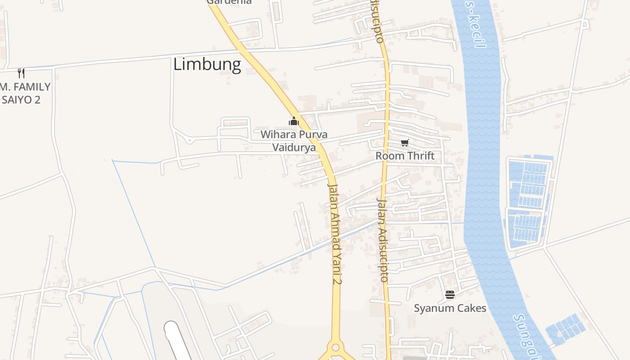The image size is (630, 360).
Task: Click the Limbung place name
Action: pos(207,64)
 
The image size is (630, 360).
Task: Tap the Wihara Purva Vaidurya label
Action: pos(294,140)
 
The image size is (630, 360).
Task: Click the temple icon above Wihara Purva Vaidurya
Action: pos(294,121)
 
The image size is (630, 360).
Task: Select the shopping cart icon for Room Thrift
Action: pos(405,143)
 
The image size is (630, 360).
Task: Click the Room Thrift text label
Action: pos(405,156)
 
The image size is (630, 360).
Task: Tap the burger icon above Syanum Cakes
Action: pos(450,295)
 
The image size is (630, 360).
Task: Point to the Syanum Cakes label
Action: pos(450,308)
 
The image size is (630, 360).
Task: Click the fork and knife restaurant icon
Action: pos(21,73)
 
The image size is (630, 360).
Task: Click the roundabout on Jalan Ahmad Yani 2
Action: pos(335,347)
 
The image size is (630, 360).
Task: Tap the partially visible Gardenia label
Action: pos(229,2)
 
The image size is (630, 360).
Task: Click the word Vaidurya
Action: pos(294,147)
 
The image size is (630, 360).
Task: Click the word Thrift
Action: pos(420,156)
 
